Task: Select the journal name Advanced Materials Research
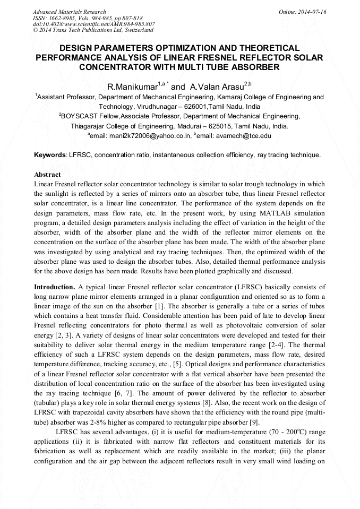[x=69, y=12]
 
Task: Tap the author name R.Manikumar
[x=132, y=87]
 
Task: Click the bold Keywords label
[x=50, y=155]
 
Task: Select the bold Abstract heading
[x=47, y=175]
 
